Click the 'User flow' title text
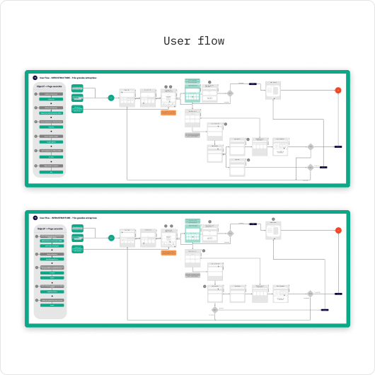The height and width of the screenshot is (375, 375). (x=194, y=41)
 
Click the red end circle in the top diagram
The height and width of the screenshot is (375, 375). (x=338, y=91)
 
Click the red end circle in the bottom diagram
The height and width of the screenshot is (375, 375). (x=338, y=230)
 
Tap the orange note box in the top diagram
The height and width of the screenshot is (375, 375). (x=168, y=112)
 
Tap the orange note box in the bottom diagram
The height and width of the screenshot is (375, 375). (x=168, y=253)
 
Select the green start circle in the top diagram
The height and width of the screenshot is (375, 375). (x=111, y=98)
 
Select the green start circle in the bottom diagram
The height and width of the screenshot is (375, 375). (x=111, y=238)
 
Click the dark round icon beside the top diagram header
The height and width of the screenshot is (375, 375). (x=35, y=77)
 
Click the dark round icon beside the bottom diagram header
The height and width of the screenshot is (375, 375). (x=35, y=217)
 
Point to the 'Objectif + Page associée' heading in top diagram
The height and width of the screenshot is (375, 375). (x=50, y=86)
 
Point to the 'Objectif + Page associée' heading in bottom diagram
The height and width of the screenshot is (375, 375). (x=50, y=226)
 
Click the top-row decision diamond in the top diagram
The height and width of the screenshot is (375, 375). (x=229, y=93)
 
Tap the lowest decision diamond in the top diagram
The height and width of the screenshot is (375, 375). (x=310, y=168)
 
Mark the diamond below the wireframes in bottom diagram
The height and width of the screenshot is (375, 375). (x=214, y=309)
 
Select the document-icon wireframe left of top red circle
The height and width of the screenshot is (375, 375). (x=273, y=90)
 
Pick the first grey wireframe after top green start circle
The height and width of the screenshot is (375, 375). (x=127, y=98)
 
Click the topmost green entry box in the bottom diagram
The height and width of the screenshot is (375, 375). (x=77, y=227)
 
